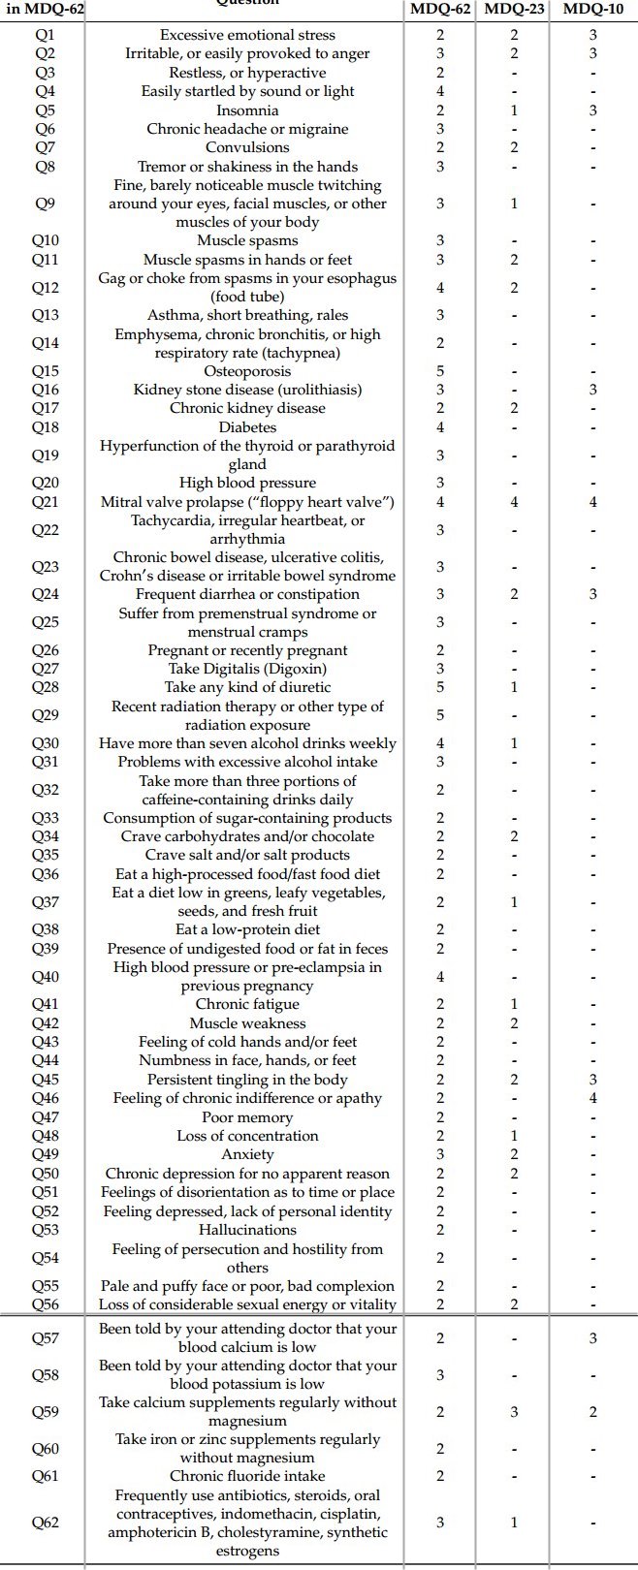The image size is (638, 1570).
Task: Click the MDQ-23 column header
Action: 514,10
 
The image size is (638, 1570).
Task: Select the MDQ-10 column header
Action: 592,10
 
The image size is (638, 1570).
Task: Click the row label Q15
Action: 45,371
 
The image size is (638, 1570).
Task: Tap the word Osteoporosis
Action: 247,371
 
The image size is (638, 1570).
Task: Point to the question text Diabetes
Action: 247,427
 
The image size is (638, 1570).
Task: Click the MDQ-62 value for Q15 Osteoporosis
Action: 440,371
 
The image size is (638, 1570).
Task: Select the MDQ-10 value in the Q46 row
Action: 592,1098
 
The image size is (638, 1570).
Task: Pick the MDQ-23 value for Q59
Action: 514,1412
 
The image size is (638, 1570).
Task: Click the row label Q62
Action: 45,1523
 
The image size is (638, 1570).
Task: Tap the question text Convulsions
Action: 247,147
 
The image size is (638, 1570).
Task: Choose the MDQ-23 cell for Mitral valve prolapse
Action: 514,502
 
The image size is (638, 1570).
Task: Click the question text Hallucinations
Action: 247,1230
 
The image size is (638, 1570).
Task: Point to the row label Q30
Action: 45,743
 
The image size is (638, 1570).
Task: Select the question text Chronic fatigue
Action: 247,1005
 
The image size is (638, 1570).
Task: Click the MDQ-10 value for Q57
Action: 592,1338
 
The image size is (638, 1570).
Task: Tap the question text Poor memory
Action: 247,1117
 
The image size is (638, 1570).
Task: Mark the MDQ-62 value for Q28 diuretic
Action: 440,687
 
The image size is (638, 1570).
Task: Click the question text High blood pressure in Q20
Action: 247,483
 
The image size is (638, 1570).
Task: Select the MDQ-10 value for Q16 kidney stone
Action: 592,390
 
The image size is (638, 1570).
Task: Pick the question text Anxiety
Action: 247,1154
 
